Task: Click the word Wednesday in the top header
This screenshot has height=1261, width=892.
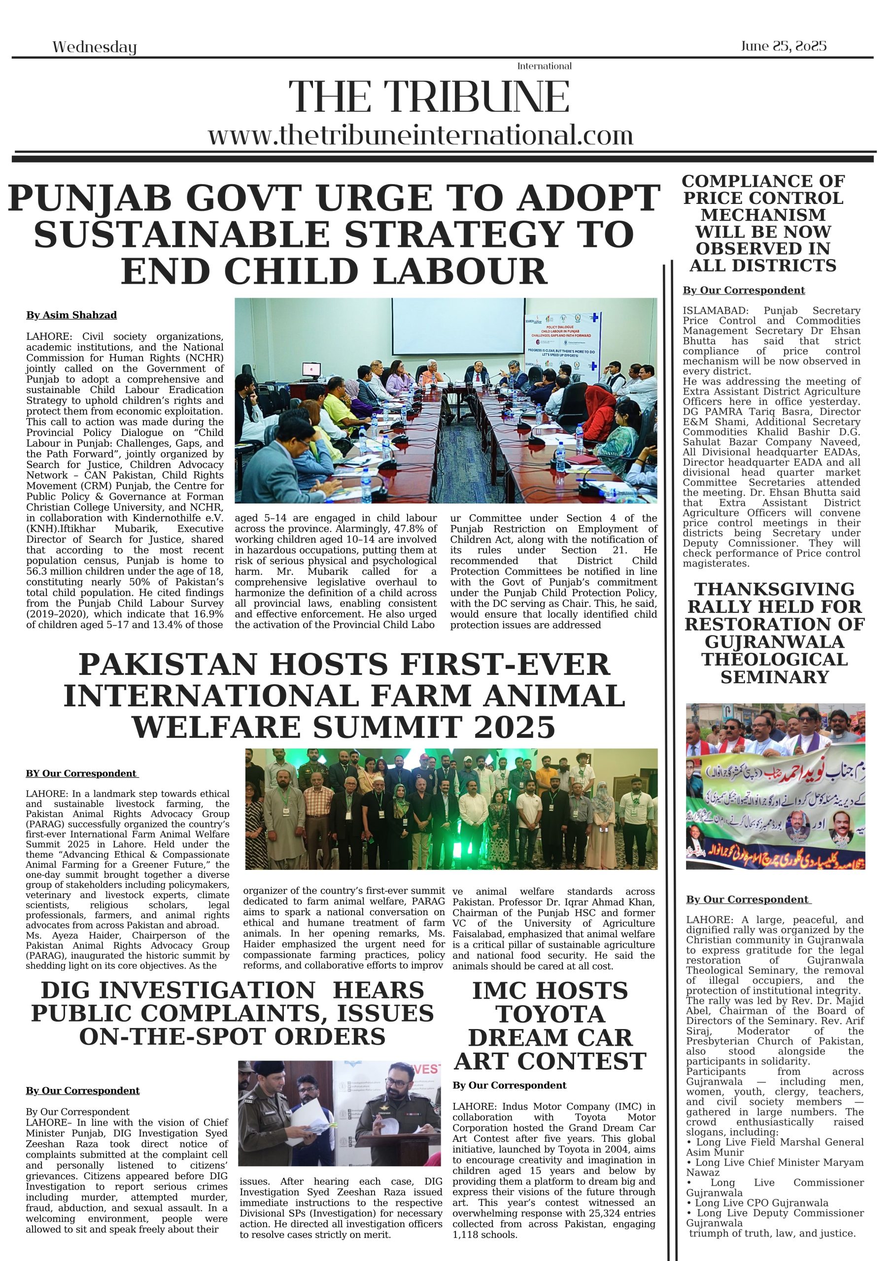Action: (94, 47)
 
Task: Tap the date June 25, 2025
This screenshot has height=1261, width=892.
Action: (783, 46)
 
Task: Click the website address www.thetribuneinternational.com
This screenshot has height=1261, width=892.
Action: (420, 135)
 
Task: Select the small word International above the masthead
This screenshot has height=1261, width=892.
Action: (544, 66)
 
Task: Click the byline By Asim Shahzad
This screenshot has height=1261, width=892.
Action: (71, 315)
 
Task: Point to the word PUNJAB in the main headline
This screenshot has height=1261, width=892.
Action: (89, 199)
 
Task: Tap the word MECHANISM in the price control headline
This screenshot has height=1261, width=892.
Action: (763, 215)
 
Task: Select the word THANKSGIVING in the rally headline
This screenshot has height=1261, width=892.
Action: (774, 589)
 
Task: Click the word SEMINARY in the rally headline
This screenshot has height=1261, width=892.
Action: (774, 677)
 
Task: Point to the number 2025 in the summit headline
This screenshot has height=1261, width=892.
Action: (515, 728)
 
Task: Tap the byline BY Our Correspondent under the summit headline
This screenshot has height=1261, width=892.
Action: (81, 774)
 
